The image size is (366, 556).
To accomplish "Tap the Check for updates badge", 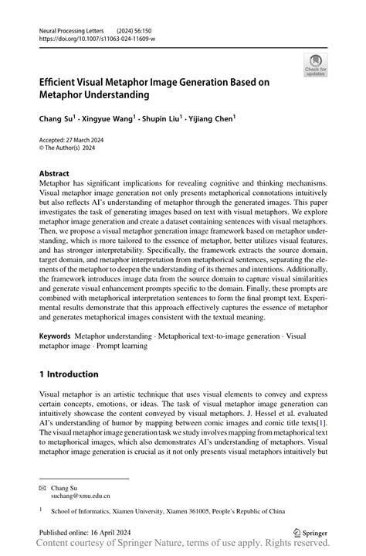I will coord(314,66).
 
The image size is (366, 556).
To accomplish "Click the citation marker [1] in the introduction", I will coord(320,423).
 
